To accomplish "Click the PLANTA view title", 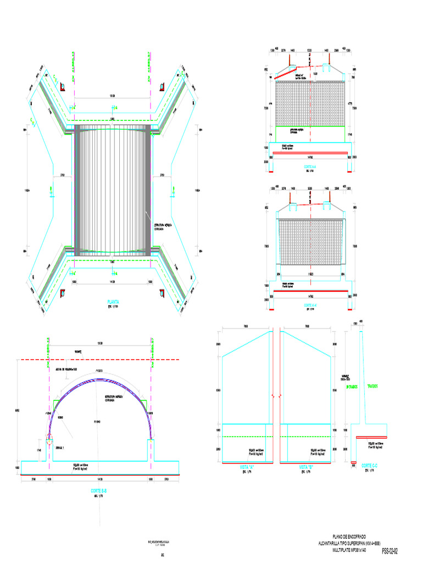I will (x=113, y=302).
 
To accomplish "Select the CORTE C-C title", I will (x=368, y=466).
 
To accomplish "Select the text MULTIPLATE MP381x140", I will (x=351, y=549).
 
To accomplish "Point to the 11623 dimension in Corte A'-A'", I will (x=311, y=273).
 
